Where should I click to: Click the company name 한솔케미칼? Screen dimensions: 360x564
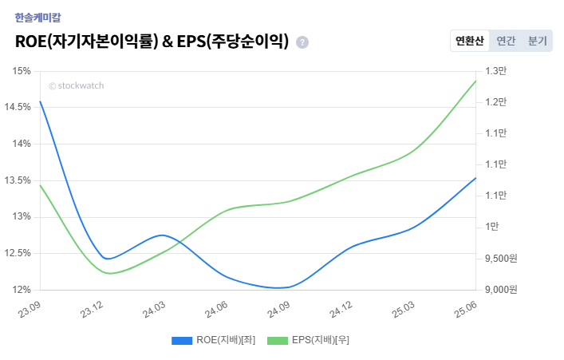point(37,17)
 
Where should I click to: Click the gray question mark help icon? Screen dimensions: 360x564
point(302,42)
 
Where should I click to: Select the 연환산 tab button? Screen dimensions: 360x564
point(469,41)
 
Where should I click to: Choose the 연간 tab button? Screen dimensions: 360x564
point(506,41)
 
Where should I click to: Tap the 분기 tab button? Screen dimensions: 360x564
point(537,41)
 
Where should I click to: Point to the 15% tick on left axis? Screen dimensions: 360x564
point(22,71)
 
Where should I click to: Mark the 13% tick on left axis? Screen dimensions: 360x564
point(22,217)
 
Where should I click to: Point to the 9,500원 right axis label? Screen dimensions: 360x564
point(501,259)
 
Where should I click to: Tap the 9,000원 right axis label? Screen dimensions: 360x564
point(501,290)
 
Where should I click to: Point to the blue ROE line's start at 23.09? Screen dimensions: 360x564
point(40,101)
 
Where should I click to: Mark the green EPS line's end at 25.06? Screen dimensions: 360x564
point(476,81)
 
